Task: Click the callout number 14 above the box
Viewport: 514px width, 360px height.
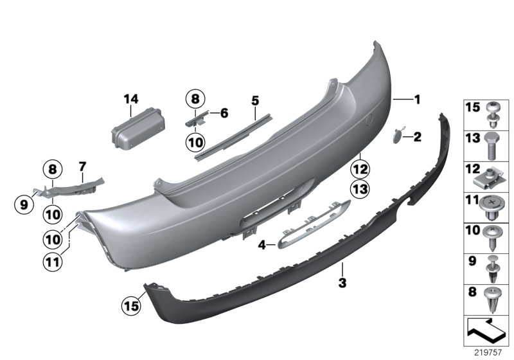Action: click(131, 99)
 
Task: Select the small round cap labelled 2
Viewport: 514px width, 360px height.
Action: click(398, 135)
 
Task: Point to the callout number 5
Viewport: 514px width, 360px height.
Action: click(255, 101)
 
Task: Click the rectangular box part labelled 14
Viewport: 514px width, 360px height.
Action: click(138, 129)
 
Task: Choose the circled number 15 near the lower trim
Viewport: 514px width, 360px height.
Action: click(131, 306)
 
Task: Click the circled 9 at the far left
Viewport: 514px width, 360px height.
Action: click(24, 205)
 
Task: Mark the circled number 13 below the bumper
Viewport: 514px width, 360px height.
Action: click(360, 189)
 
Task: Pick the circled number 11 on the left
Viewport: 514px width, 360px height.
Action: click(53, 262)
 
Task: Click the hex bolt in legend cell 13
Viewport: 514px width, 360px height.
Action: click(491, 146)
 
